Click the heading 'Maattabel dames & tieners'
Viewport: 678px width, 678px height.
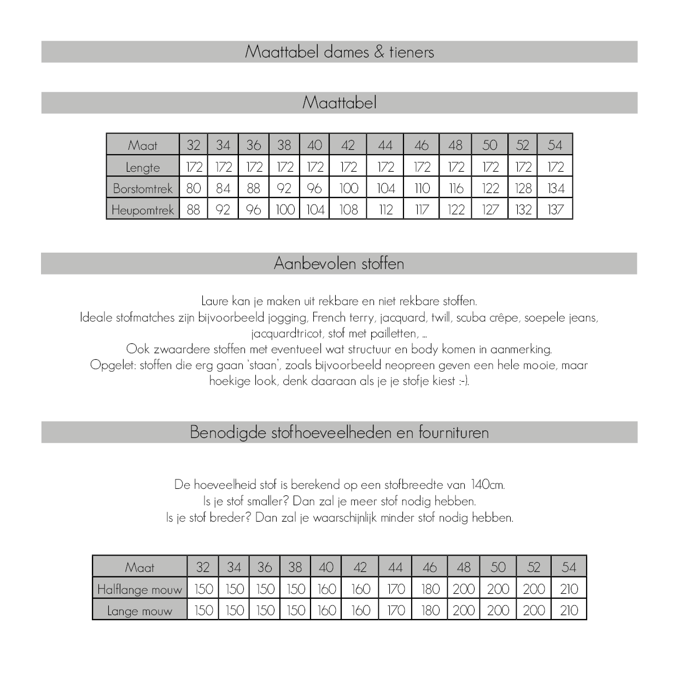coord(339,52)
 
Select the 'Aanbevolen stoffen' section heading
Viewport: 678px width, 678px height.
coord(339,264)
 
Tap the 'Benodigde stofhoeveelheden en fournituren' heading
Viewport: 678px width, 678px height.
coord(339,432)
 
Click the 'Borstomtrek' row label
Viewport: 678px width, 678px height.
coord(143,189)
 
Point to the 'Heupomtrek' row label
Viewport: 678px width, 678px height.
coord(143,210)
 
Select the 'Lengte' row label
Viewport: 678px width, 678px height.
coord(143,167)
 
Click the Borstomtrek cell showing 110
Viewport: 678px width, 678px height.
coord(422,189)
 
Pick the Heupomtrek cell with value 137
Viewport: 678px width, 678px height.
coord(555,210)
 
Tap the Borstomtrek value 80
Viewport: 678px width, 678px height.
coord(194,189)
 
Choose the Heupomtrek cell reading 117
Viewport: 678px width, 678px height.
coord(422,210)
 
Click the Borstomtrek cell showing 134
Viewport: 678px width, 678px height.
coord(555,189)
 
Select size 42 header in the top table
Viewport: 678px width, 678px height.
coord(348,145)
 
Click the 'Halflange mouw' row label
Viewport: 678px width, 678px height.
coord(139,589)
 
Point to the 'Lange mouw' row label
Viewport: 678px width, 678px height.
coord(139,611)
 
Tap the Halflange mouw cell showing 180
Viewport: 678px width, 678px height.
coord(430,589)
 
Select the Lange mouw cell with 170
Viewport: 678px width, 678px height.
coord(395,611)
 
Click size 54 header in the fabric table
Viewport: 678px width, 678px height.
coord(569,568)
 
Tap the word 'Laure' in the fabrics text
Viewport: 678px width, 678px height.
coord(214,301)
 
